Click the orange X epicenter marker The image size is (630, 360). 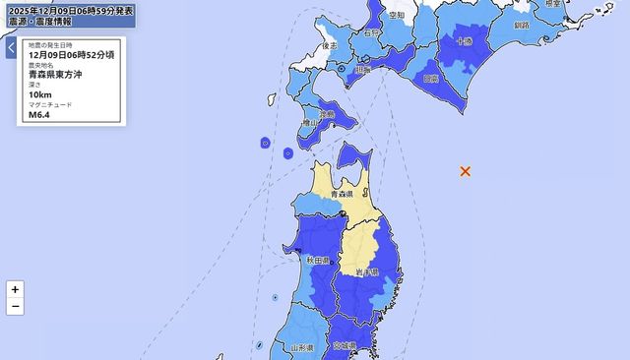[466, 171]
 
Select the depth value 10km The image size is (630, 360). [41, 94]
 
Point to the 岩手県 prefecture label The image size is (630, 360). [370, 271]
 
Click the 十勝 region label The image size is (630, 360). [464, 41]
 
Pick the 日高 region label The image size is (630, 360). [429, 78]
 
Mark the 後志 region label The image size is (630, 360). [330, 46]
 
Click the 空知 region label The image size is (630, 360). [397, 16]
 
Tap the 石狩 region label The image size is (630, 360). [371, 33]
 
